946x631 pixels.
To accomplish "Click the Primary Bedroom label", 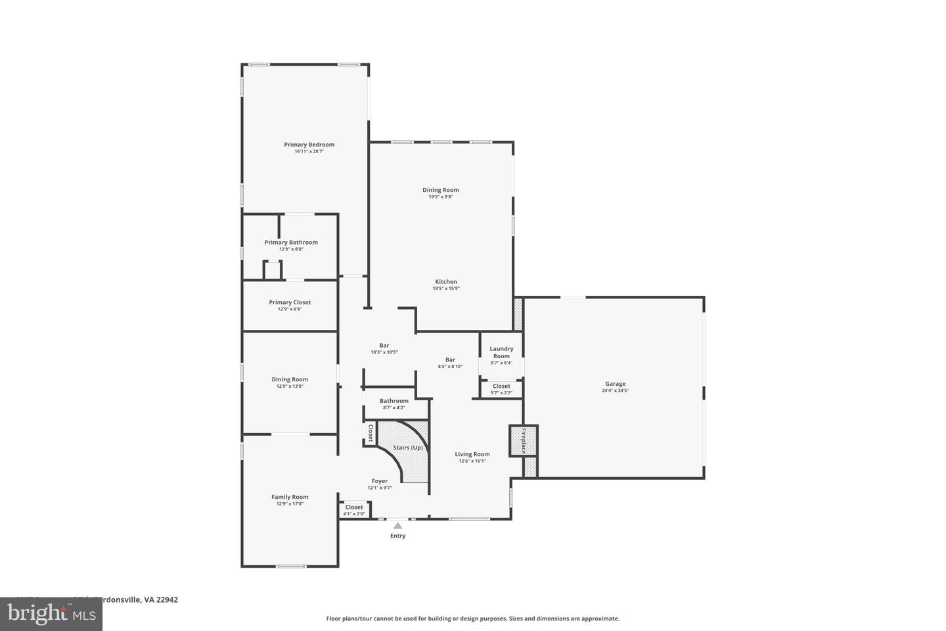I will (309, 145).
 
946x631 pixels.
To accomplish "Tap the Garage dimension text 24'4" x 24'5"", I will (615, 391).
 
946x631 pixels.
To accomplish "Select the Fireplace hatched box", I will (524, 440).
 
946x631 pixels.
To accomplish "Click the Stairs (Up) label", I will (408, 448).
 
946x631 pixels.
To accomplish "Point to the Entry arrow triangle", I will (397, 525).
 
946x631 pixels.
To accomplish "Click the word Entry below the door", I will (397, 536).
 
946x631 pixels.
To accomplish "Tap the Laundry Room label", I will (501, 352).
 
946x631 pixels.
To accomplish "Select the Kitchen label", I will (445, 282).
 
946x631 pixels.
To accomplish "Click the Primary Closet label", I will (290, 302).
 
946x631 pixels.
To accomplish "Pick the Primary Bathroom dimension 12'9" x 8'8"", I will (291, 249).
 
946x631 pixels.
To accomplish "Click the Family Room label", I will (290, 497).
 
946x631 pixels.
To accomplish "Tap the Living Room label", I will (472, 454).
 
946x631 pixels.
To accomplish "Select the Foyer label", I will (379, 481).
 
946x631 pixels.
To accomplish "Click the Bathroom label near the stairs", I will (394, 401).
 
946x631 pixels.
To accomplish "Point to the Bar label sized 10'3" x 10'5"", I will (384, 346).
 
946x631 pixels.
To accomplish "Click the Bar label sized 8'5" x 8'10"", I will (450, 360).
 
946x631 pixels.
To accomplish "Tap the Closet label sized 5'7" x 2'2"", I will (501, 386).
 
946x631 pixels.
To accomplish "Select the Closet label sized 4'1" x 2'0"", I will (354, 507).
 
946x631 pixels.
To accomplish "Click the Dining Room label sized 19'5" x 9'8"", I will (440, 190).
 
